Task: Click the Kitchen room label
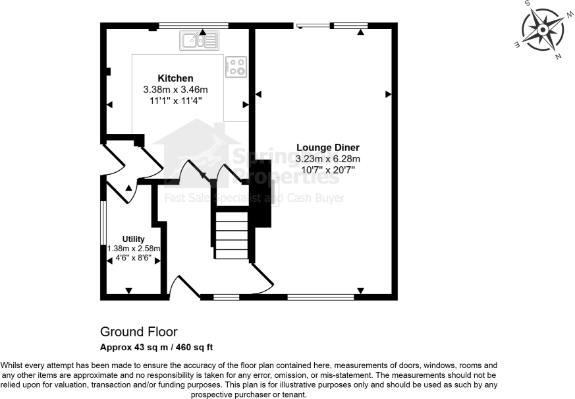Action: (175, 78)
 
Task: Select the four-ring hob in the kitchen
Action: (236, 67)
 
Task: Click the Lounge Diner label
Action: (327, 147)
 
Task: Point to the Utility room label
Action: (133, 239)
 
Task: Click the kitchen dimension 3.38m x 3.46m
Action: (175, 90)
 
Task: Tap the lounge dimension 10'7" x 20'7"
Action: (327, 170)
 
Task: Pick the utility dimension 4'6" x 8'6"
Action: (134, 259)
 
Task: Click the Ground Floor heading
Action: (138, 331)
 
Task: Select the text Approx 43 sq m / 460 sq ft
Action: (156, 346)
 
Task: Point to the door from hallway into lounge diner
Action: (261, 278)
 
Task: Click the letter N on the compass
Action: (558, 57)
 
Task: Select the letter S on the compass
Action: (528, 4)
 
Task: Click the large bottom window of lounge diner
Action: (321, 297)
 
